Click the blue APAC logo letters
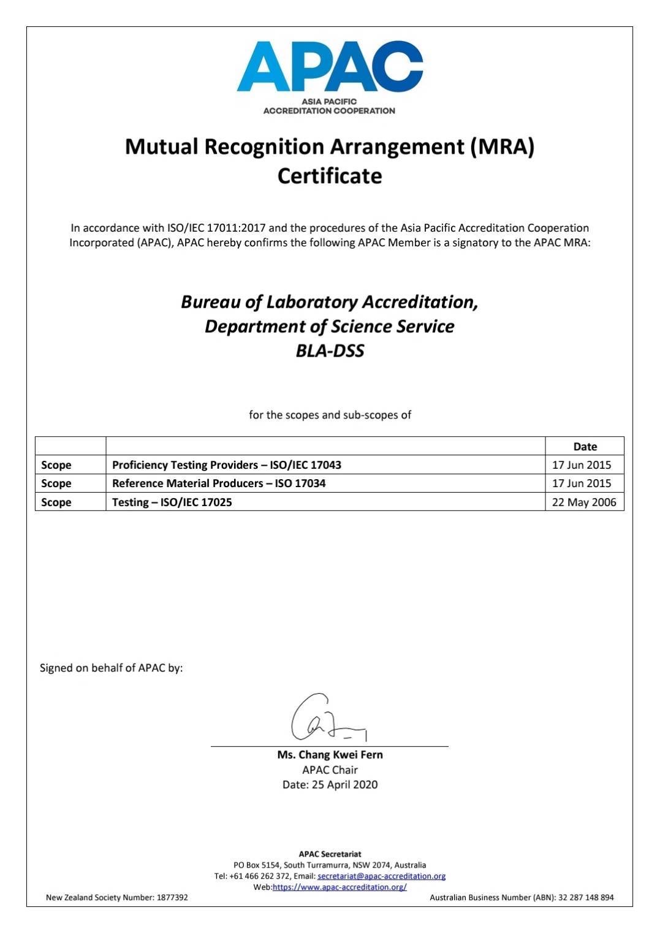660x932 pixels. click(330, 66)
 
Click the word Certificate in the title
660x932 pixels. click(330, 176)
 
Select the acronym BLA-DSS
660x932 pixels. click(330, 350)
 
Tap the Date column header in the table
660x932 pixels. click(585, 447)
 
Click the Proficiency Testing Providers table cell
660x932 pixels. click(226, 464)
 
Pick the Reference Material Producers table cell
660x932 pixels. click(219, 483)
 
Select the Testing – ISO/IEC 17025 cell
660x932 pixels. click(172, 502)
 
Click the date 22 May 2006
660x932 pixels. click(584, 502)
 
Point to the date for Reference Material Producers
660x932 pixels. click(582, 483)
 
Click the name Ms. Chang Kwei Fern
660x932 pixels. click(330, 755)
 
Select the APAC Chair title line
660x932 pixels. click(330, 770)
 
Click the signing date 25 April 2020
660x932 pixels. click(330, 784)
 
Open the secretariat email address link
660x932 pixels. click(381, 876)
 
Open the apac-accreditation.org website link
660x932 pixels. click(339, 887)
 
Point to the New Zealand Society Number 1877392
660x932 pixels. click(117, 898)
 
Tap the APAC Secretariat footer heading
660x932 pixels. click(330, 854)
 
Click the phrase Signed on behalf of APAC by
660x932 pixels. click(111, 668)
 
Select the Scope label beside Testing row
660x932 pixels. click(56, 502)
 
